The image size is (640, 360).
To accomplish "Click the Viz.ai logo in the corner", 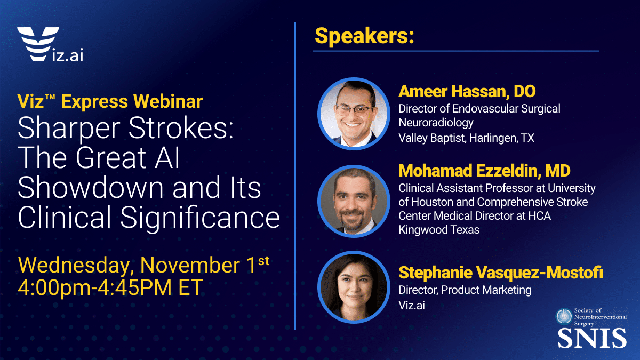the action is point(50,44).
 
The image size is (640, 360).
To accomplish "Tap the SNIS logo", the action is point(591,328).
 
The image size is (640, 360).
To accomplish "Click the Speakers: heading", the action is point(365,36).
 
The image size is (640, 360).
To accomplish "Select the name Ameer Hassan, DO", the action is point(467,91).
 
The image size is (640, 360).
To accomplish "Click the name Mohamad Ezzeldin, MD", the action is point(484,171).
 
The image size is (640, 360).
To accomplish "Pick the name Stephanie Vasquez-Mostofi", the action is point(501,273).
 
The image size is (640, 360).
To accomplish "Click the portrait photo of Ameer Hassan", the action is point(354,114).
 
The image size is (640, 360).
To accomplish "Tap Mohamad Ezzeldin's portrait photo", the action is point(354,201).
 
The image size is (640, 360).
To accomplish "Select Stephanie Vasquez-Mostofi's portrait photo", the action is point(354,287).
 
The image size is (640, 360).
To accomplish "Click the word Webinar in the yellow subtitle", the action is point(168,101).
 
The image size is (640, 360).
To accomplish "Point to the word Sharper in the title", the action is point(69,129).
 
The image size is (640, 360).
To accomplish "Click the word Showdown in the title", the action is point(91,187).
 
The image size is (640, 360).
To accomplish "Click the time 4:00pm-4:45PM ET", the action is point(110,287).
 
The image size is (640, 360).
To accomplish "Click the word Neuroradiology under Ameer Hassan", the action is point(436,123).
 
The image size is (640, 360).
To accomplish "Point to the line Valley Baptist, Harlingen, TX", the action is point(466,138).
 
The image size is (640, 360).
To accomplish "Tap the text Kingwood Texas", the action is point(439,230).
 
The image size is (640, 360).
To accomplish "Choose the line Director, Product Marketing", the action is point(465,290).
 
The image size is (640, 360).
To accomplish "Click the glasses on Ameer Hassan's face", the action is point(354,110).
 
